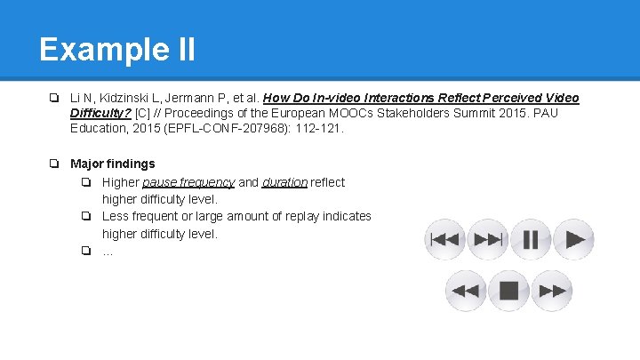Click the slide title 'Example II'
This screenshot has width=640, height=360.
click(117, 49)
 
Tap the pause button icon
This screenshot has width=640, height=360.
click(531, 240)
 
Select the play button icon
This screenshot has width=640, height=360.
click(574, 240)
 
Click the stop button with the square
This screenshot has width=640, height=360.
click(508, 291)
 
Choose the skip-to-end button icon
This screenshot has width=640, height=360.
click(488, 240)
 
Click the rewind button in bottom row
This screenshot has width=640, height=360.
click(466, 291)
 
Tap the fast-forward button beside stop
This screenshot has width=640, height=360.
click(552, 291)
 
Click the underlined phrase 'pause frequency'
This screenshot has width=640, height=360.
click(188, 182)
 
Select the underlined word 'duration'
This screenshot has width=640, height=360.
click(284, 182)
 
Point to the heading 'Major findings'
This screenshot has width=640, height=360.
click(112, 164)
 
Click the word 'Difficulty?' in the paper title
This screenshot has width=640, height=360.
click(100, 113)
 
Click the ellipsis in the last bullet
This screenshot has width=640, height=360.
click(108, 251)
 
